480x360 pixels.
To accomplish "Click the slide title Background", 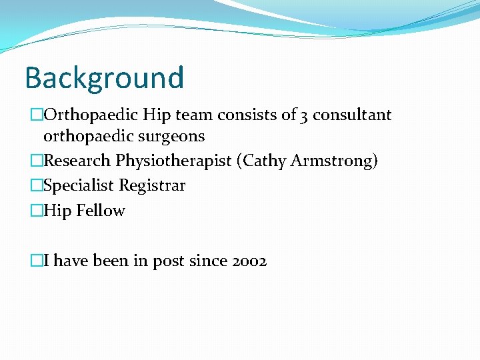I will click(x=104, y=77).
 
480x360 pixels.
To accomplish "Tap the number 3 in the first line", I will click(x=304, y=115).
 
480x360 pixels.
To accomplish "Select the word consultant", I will click(x=353, y=115).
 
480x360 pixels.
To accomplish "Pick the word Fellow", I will click(x=101, y=211).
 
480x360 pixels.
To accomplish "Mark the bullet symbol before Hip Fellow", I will click(x=36, y=211).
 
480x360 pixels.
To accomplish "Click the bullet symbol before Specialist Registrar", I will click(x=36, y=185).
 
